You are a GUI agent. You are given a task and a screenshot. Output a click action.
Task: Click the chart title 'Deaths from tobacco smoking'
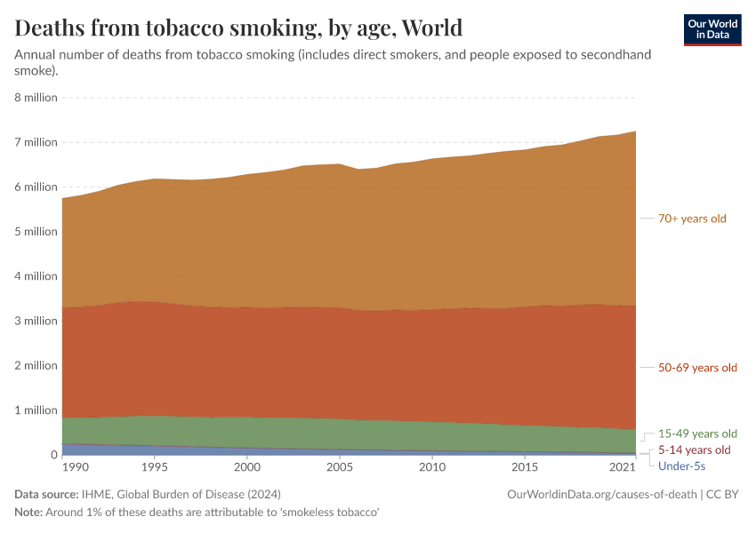pyautogui.click(x=238, y=28)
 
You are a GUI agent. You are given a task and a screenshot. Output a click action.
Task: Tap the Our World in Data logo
pyautogui.click(x=712, y=29)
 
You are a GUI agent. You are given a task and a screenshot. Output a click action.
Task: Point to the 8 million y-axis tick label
pyautogui.click(x=36, y=97)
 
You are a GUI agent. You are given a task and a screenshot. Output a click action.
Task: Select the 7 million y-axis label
pyautogui.click(x=36, y=142)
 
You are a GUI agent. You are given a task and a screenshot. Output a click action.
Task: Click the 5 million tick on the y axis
pyautogui.click(x=36, y=232)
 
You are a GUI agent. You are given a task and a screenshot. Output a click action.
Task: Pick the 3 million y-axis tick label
pyautogui.click(x=36, y=321)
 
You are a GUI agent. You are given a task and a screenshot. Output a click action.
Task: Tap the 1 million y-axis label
pyautogui.click(x=36, y=410)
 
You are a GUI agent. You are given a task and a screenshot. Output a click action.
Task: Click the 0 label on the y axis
pyautogui.click(x=53, y=455)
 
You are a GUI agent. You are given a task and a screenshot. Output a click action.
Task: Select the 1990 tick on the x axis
pyautogui.click(x=75, y=467)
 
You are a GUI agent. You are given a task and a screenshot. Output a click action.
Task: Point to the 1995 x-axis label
pyautogui.click(x=155, y=467)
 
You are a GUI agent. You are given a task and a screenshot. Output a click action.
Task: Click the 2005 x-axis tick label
pyautogui.click(x=339, y=467)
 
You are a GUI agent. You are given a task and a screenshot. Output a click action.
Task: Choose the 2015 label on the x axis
pyautogui.click(x=525, y=467)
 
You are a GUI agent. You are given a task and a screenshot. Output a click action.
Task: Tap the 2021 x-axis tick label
pyautogui.click(x=623, y=467)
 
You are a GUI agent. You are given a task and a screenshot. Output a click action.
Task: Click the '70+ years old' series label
pyautogui.click(x=692, y=219)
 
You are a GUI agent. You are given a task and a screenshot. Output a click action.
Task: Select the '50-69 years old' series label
pyautogui.click(x=697, y=368)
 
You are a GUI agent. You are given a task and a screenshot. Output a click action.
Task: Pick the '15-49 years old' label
pyautogui.click(x=697, y=434)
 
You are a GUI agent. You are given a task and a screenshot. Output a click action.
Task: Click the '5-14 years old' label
pyautogui.click(x=694, y=450)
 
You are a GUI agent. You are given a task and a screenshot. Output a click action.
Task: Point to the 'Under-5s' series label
pyautogui.click(x=681, y=465)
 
